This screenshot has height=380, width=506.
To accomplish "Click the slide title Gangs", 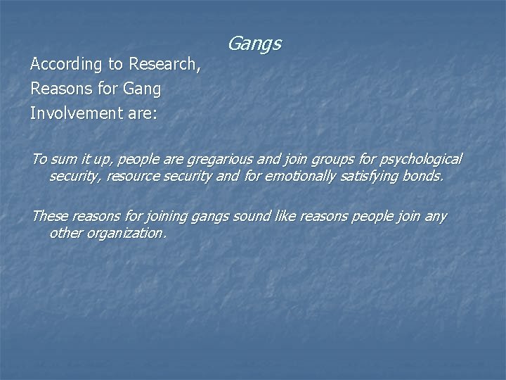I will (254, 45).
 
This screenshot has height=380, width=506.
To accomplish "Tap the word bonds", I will (426, 176).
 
